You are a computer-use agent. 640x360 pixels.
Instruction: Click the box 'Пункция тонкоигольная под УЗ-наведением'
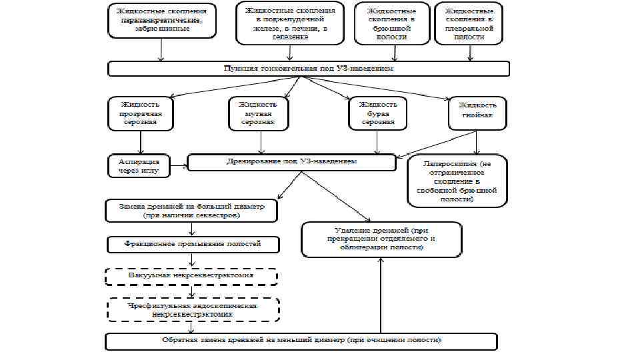309,69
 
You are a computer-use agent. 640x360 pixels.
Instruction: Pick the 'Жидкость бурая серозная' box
377,113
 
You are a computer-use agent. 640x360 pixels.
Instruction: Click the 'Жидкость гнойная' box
477,110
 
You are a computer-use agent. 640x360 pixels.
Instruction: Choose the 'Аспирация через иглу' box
139,166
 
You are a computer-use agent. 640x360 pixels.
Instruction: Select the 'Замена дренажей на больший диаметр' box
191,211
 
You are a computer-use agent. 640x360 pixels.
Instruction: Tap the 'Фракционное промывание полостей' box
193,245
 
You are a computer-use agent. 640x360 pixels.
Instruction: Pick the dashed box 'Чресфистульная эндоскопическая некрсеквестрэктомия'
193,309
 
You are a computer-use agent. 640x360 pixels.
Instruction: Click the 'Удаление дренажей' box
381,239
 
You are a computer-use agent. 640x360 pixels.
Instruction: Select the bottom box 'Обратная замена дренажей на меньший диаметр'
301,340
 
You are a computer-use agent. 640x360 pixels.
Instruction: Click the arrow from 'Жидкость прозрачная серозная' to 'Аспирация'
140,141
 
